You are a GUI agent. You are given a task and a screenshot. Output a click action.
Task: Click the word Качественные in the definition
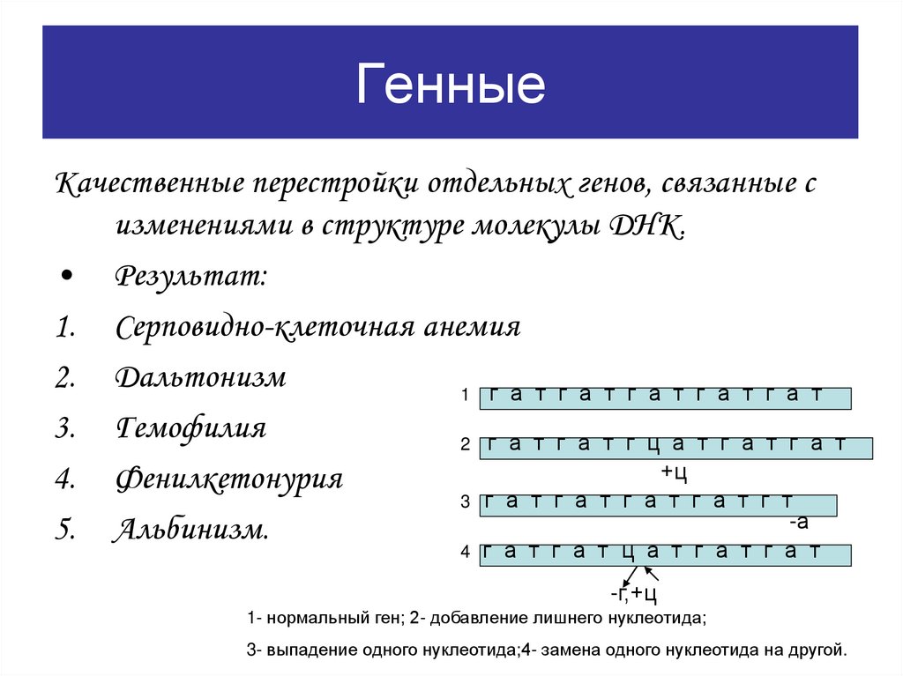[x=150, y=186]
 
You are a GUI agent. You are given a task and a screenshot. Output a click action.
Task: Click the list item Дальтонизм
[x=200, y=377]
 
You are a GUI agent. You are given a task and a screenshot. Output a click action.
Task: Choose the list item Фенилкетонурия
[x=228, y=479]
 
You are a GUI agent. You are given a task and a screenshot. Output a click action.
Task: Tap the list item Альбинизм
[x=190, y=531]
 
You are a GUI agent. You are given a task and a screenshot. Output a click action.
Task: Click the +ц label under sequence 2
[x=674, y=473]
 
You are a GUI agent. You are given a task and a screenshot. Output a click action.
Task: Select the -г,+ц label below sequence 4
[x=634, y=591]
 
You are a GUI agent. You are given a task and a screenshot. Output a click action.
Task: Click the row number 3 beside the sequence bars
[x=465, y=502]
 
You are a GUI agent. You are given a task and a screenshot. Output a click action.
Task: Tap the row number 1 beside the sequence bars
[x=465, y=397]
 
